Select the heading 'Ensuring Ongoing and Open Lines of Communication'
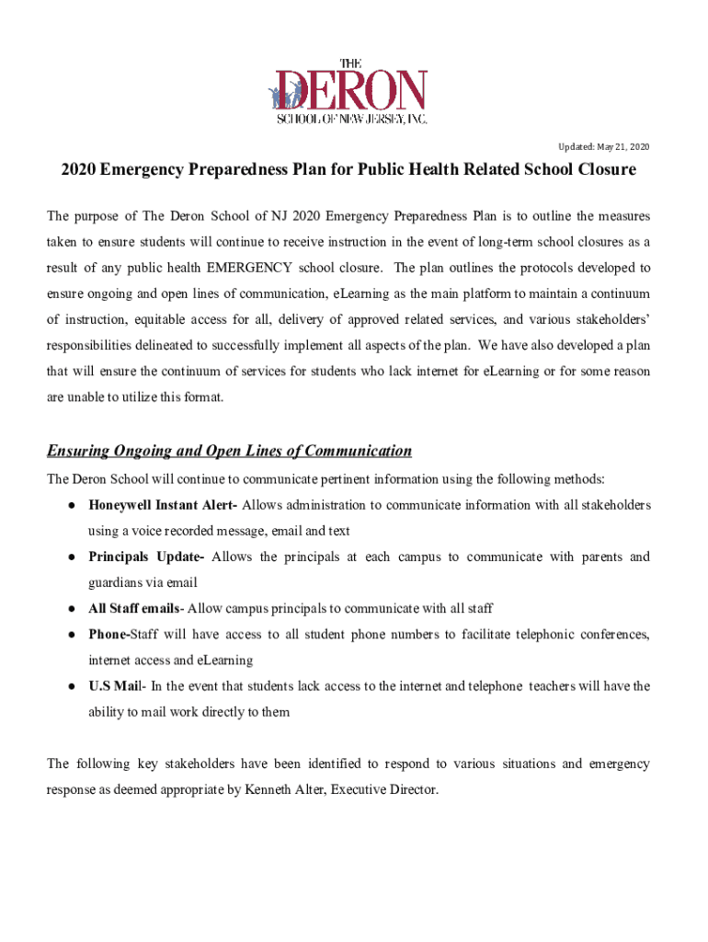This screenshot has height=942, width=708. tap(229, 451)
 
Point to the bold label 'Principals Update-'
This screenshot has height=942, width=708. tap(145, 557)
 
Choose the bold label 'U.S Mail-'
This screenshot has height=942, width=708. tap(117, 685)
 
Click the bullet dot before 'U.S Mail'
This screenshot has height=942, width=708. tap(70, 686)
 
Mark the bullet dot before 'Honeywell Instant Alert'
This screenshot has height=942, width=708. tap(70, 506)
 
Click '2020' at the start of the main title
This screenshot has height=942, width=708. tap(79, 171)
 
